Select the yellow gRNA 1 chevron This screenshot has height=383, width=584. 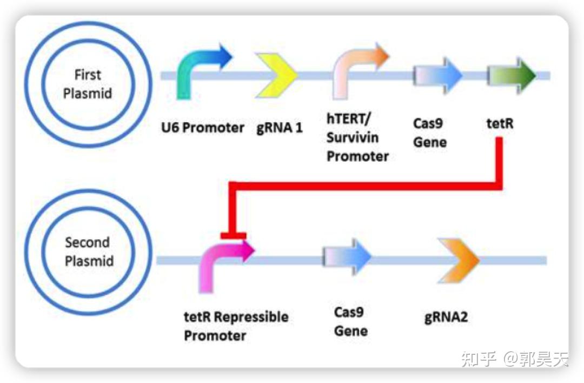tap(276, 75)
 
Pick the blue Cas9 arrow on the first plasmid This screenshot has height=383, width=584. tap(437, 75)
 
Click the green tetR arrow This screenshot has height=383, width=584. tap(512, 75)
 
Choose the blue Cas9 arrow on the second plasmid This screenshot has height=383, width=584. tap(347, 257)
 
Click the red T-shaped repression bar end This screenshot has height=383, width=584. tap(233, 235)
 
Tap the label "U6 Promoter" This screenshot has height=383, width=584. tap(203, 128)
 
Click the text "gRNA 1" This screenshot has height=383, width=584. tap(280, 128)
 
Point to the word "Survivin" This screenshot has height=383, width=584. tap(353, 137)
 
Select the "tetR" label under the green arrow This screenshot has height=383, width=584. tap(500, 123)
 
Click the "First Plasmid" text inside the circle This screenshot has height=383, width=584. tap(88, 84)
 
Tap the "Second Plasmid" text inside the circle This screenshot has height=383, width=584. tap(89, 252)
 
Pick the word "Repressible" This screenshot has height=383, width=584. tap(251, 317)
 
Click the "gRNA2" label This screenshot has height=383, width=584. tap(446, 318)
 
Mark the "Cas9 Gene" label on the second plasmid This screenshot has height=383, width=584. tap(351, 321)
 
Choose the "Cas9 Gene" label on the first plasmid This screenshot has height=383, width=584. tap(430, 133)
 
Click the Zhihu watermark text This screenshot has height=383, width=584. tap(514, 359)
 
